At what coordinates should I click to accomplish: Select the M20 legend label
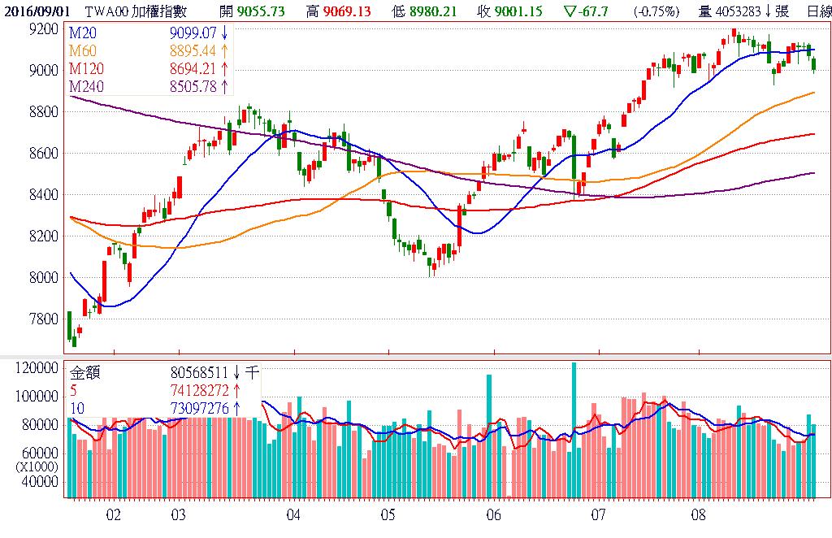coord(82,33)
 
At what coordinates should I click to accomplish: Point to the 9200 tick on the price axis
coord(42,28)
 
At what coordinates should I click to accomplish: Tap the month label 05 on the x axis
coord(388,514)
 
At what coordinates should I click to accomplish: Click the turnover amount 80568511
coord(199,373)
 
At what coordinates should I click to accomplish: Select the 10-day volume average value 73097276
coord(199,408)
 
